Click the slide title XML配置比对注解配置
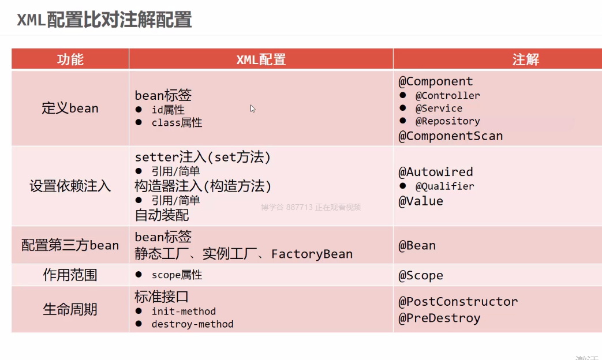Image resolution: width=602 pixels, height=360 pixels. pos(104,20)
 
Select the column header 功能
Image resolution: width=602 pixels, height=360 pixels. pos(70,59)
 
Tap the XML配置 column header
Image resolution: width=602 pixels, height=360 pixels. pos(261,59)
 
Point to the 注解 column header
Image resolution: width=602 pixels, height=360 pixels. pos(526,59)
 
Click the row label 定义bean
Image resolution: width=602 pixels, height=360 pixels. pos(70,108)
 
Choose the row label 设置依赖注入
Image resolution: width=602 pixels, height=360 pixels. pos(70,186)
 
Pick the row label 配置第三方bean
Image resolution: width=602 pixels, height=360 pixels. pos(70,245)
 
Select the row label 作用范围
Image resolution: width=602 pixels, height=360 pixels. pos(70,275)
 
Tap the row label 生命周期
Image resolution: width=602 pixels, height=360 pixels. pos(70,309)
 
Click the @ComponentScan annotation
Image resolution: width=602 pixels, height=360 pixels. pos(450,136)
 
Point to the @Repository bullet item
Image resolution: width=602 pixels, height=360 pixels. pos(448,121)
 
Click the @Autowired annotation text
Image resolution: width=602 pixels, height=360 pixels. pos(436,172)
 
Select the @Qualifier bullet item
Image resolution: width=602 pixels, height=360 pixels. pos(444,186)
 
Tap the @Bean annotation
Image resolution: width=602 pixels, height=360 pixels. pos(417,246)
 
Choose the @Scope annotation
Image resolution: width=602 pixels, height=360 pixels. pos(421,276)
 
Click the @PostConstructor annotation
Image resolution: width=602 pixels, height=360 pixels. pos(458,302)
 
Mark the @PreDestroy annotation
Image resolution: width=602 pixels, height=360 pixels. pos(439,318)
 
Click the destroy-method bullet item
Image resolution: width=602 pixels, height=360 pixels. pos(192,324)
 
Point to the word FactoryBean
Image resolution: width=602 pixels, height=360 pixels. pos(312,254)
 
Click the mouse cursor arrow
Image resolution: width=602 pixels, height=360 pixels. pos(253,109)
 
